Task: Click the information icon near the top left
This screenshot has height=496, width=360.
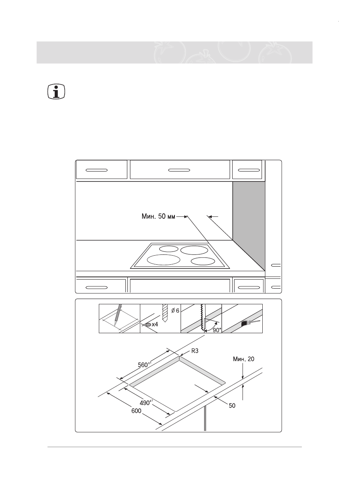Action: (57, 92)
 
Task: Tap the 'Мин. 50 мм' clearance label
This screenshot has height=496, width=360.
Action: (156, 218)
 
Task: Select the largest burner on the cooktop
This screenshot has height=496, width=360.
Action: (163, 259)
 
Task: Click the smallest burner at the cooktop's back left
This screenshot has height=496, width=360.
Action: (168, 249)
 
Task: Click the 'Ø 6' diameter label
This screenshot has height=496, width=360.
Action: (175, 311)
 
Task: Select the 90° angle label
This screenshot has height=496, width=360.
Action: (216, 330)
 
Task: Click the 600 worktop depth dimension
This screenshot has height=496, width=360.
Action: (136, 411)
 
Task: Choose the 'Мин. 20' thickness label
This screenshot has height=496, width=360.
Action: (243, 359)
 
